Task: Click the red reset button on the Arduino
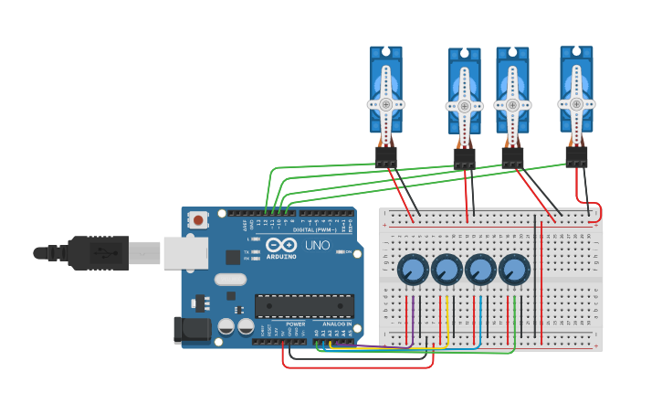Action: click(x=198, y=219)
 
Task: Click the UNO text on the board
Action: click(x=317, y=246)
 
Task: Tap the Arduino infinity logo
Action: click(x=281, y=244)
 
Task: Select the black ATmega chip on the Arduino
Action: click(x=304, y=305)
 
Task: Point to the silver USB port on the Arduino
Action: click(x=185, y=253)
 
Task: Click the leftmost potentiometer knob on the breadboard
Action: click(x=413, y=271)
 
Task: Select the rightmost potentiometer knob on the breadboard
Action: click(x=514, y=271)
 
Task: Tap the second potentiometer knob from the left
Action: click(x=447, y=271)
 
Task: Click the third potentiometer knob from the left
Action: click(x=480, y=271)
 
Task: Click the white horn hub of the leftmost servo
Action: click(x=386, y=104)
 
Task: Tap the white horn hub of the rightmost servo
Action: click(x=576, y=103)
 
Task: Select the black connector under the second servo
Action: click(x=464, y=159)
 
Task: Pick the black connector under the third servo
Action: click(x=512, y=159)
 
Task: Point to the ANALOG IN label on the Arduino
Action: click(x=334, y=324)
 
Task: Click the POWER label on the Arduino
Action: click(x=296, y=324)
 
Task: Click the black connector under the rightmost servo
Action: click(x=576, y=156)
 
